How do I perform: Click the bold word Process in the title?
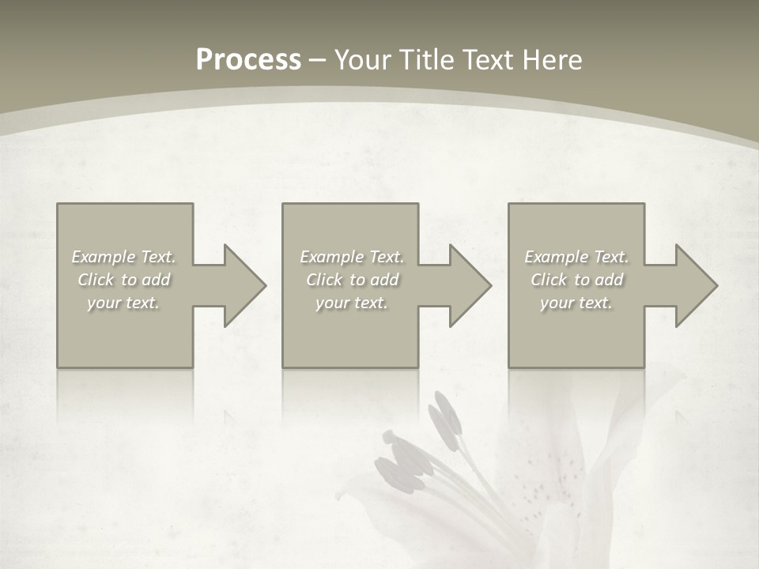tap(248, 60)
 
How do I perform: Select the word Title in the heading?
tap(428, 60)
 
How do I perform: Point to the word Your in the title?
tap(364, 60)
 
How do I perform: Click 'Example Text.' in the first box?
tap(124, 257)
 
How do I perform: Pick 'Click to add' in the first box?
tap(124, 280)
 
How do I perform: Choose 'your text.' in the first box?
tap(124, 303)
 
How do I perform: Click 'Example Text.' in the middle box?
tap(352, 257)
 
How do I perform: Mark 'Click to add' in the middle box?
tap(352, 280)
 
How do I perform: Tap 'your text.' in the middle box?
tap(352, 303)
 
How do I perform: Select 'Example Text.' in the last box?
tap(576, 257)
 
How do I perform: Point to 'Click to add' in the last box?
tap(576, 280)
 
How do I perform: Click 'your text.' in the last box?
tap(576, 303)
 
